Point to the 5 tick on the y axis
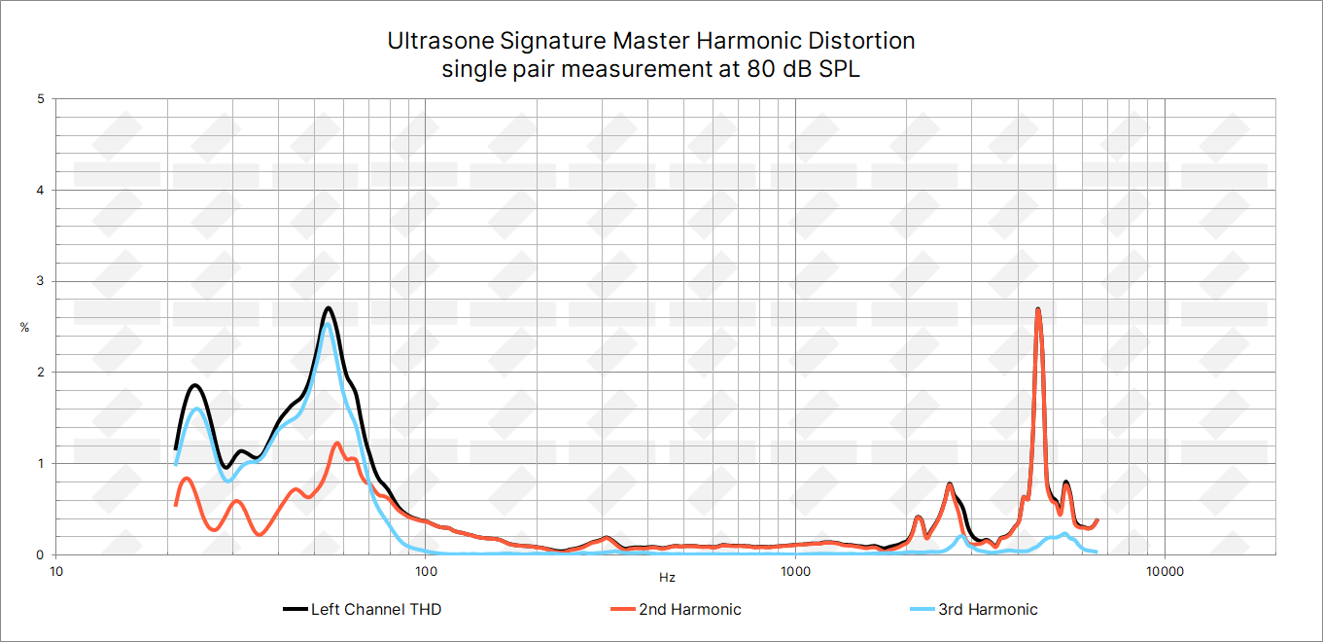click(x=40, y=99)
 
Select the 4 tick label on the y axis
click(x=40, y=191)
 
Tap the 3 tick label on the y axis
click(x=40, y=281)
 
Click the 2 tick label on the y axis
click(x=40, y=373)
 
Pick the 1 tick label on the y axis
click(x=40, y=464)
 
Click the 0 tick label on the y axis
click(x=40, y=554)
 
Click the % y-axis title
click(x=24, y=328)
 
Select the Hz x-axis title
click(x=667, y=578)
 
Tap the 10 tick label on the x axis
click(x=56, y=571)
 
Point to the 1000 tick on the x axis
click(x=795, y=571)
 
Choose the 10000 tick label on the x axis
click(x=1165, y=571)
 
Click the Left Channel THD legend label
click(x=376, y=610)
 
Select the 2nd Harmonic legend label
click(x=689, y=610)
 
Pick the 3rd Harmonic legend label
click(x=988, y=610)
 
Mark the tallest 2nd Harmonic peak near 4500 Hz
click(x=1038, y=310)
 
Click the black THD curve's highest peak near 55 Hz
click(x=329, y=308)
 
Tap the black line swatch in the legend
click(x=295, y=610)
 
